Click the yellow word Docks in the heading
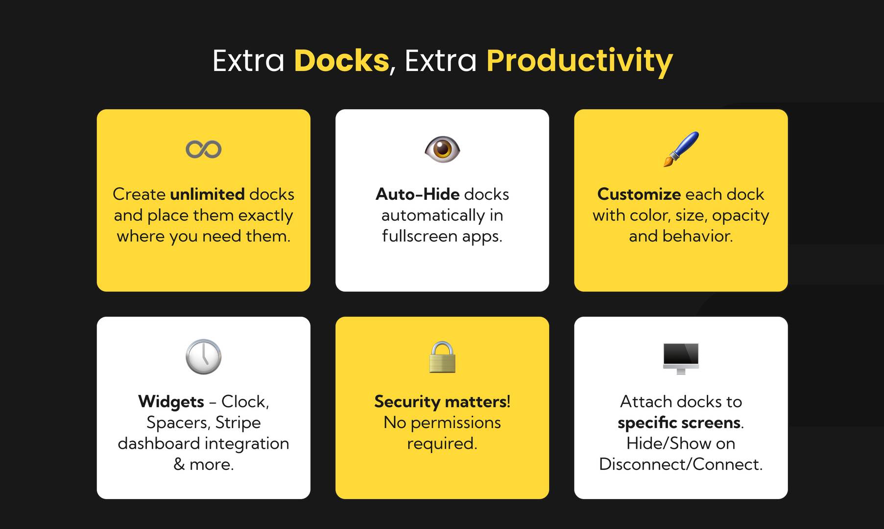point(341,61)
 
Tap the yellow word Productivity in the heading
point(579,61)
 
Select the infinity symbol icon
point(203,149)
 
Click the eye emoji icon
point(442,149)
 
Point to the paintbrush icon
point(681,149)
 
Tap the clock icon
point(203,357)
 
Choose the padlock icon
point(442,357)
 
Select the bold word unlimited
point(207,194)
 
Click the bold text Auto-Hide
point(417,194)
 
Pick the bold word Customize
point(639,194)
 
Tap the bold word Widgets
point(171,402)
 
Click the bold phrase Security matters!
point(442,402)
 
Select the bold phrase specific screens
point(679,423)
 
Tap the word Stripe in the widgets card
point(238,423)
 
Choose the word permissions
point(455,423)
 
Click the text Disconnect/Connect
point(681,464)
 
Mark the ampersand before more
point(179,464)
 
